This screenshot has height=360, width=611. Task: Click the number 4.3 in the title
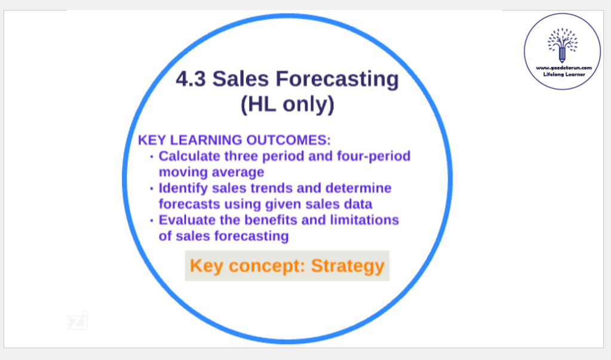(191, 79)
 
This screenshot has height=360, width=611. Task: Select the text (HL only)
(287, 105)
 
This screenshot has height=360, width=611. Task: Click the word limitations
(365, 220)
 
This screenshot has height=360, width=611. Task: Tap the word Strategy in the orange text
(348, 266)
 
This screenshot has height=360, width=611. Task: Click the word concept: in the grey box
(266, 267)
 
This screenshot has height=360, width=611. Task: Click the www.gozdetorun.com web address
(564, 68)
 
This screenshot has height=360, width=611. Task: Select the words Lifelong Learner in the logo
(564, 75)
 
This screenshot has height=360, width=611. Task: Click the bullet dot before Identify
(152, 189)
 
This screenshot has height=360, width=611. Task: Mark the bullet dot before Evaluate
(152, 221)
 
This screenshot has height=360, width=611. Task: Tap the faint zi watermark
(78, 321)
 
